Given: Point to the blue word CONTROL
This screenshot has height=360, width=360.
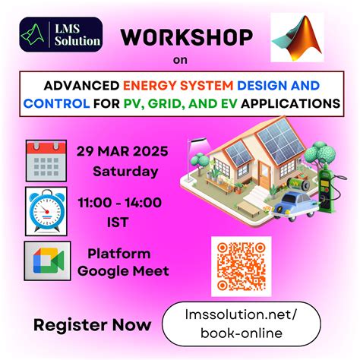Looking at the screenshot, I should point(58,102).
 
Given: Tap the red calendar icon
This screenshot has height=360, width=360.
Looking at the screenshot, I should point(46,159).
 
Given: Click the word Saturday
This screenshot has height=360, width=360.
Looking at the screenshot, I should point(125,171).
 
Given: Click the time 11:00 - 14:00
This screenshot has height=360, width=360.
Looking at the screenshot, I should point(119,201).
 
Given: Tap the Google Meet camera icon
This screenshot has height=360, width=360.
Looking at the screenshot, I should point(46,261).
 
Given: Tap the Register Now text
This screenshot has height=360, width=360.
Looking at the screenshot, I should point(81,325).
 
